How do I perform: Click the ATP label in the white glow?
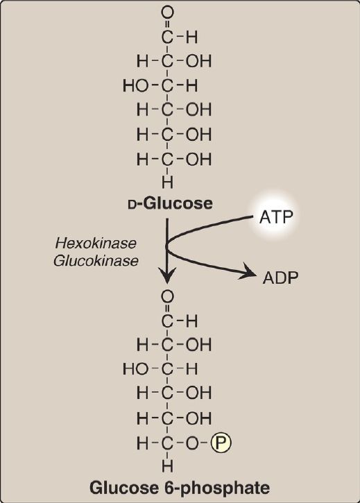coord(276,217)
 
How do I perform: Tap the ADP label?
coord(280,278)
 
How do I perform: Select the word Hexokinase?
coord(96,243)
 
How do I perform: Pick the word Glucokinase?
coord(96,260)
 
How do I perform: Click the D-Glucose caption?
coord(170,203)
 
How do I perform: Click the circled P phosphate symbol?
coord(221,443)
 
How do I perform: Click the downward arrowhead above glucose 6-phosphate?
coord(167,276)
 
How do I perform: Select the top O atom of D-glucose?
coord(167,12)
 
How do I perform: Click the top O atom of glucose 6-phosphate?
coord(167,296)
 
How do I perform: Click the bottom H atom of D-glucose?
coord(167,182)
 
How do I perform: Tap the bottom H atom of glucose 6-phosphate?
coord(167,466)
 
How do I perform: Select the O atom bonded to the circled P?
coord(193,443)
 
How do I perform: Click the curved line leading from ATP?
coord(199,227)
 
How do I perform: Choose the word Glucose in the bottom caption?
coord(123,488)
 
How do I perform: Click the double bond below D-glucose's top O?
coord(167,24)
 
